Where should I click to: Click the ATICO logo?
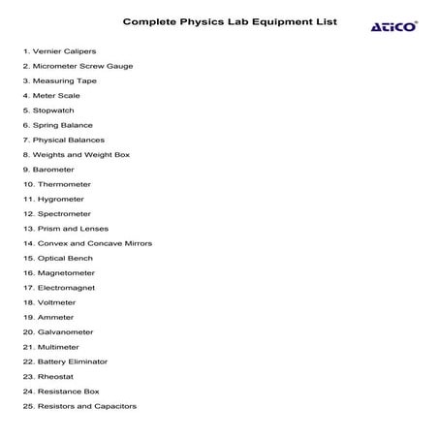click(x=394, y=26)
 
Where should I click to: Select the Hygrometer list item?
click(x=61, y=199)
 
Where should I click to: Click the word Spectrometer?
click(x=64, y=213)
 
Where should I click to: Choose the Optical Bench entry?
click(x=64, y=258)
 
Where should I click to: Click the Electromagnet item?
click(x=66, y=288)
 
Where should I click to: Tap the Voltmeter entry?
click(x=56, y=302)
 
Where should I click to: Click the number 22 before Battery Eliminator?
click(x=28, y=361)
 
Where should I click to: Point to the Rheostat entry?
click(x=54, y=376)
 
